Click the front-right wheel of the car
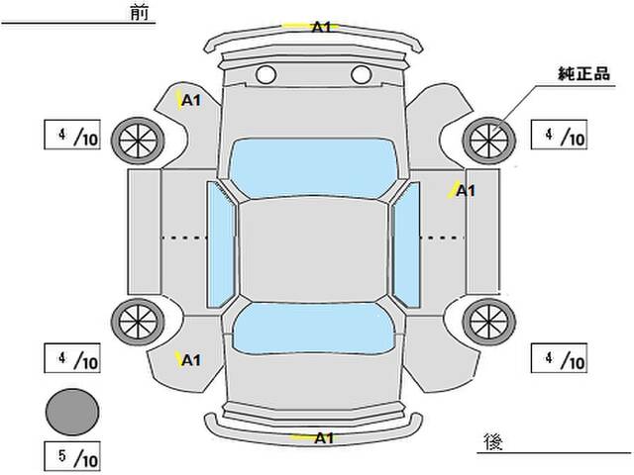[x=488, y=141]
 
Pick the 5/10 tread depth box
[x=71, y=457]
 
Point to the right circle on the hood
[x=360, y=74]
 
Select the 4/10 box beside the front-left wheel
[x=71, y=135]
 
